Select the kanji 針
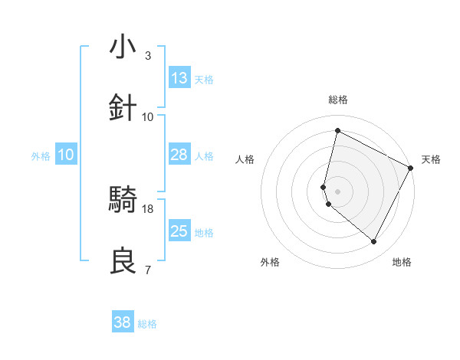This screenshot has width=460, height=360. point(123,108)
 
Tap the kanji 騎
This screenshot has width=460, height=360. point(123,200)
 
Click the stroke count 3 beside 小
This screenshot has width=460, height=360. point(147,56)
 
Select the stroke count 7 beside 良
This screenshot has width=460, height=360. point(147,270)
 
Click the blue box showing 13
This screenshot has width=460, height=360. point(179,78)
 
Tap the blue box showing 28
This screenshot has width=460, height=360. point(179,155)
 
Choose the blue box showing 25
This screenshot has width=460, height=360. point(179,231)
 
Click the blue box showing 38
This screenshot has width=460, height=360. point(123,322)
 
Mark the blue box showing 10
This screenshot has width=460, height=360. point(66,155)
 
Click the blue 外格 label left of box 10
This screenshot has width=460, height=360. point(41,155)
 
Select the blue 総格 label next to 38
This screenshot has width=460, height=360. point(147,324)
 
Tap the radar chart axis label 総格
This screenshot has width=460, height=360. point(337,100)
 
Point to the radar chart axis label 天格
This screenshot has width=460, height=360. point(431,159)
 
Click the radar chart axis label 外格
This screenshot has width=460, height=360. point(270,262)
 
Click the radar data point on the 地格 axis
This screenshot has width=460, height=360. point(373,241)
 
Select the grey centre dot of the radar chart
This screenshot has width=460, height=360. point(337,191)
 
